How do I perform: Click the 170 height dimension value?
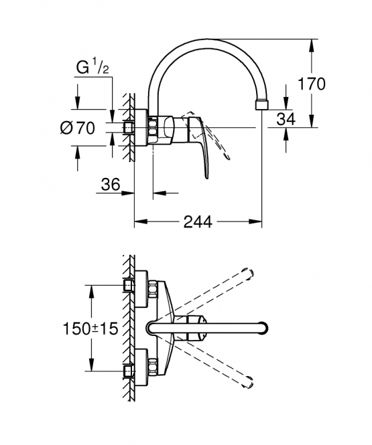pyautogui.click(x=311, y=84)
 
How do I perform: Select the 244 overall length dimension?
pyautogui.click(x=198, y=221)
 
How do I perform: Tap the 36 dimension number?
pyautogui.click(x=111, y=185)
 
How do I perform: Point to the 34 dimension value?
pyautogui.click(x=286, y=119)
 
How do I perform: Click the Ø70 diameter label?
pyautogui.click(x=77, y=128)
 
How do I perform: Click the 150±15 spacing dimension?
pyautogui.click(x=90, y=329)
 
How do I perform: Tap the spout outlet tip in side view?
pyautogui.click(x=261, y=104)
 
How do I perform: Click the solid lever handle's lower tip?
pyautogui.click(x=207, y=177)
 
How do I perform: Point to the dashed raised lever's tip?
pyautogui.click(x=227, y=158)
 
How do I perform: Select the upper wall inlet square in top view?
pyautogui.click(x=129, y=285)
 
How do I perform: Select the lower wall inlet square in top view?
pyautogui.click(x=129, y=371)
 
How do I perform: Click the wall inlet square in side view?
pyautogui.click(x=129, y=127)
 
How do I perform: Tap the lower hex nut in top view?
pyautogui.click(x=152, y=367)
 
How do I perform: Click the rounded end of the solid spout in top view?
pyautogui.click(x=264, y=328)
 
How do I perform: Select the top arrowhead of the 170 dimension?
pyautogui.click(x=312, y=45)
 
